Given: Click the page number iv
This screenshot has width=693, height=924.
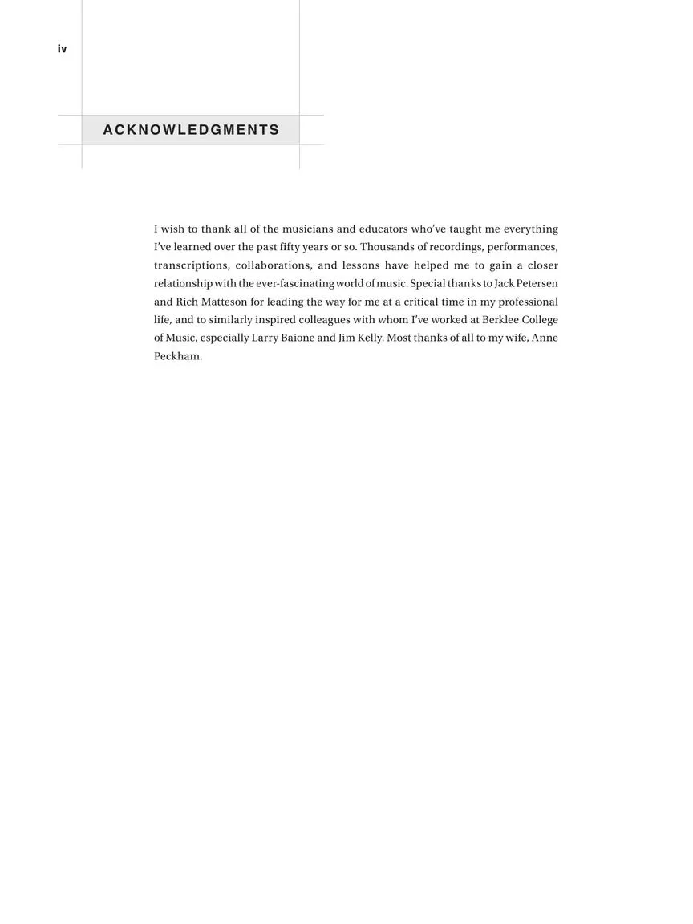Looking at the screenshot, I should coord(62,49).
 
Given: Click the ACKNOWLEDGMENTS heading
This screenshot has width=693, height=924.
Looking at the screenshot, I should coord(191,130).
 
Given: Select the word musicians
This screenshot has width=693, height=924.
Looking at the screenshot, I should coord(307,229).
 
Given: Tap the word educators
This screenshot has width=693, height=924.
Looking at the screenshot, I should coord(383,229).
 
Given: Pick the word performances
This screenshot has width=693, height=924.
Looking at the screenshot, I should coord(522,247).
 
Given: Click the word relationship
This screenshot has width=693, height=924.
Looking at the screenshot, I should coord(183,284).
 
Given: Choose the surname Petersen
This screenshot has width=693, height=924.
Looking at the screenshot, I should coord(537,284).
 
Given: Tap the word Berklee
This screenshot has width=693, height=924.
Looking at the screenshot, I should coord(501,320).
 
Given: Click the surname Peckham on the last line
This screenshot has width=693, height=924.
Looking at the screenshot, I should coord(177,356).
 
